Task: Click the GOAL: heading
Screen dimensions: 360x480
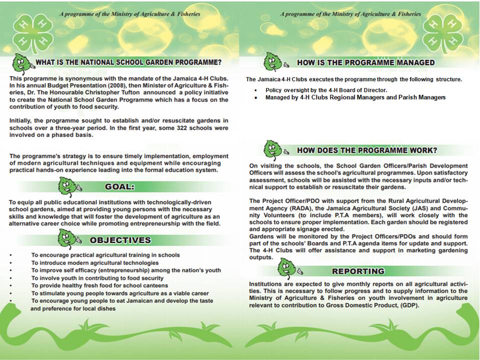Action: click(x=119, y=187)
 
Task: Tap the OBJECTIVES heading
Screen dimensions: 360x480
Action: click(x=120, y=240)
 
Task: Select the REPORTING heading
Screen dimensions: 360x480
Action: click(x=358, y=271)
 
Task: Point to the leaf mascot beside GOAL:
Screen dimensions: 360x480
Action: click(x=69, y=186)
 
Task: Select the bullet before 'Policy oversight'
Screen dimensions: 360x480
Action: click(x=256, y=90)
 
